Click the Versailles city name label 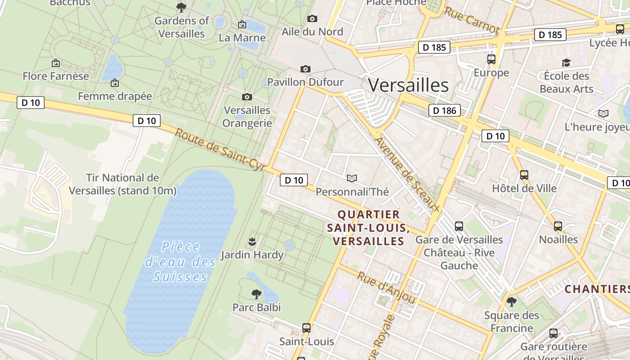(408, 85)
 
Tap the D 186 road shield (444, 110)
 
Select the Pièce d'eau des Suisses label (180, 261)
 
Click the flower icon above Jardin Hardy (252, 242)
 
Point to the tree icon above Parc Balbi (256, 294)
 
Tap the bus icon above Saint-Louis (306, 328)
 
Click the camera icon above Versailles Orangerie (247, 97)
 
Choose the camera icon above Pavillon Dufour (306, 69)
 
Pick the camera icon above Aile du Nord (312, 18)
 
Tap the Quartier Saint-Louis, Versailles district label (368, 227)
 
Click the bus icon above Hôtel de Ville (524, 175)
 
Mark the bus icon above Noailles (558, 226)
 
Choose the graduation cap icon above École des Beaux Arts (566, 63)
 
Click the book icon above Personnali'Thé (352, 179)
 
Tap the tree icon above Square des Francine (511, 301)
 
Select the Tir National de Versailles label (122, 184)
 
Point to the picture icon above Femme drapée (115, 83)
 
